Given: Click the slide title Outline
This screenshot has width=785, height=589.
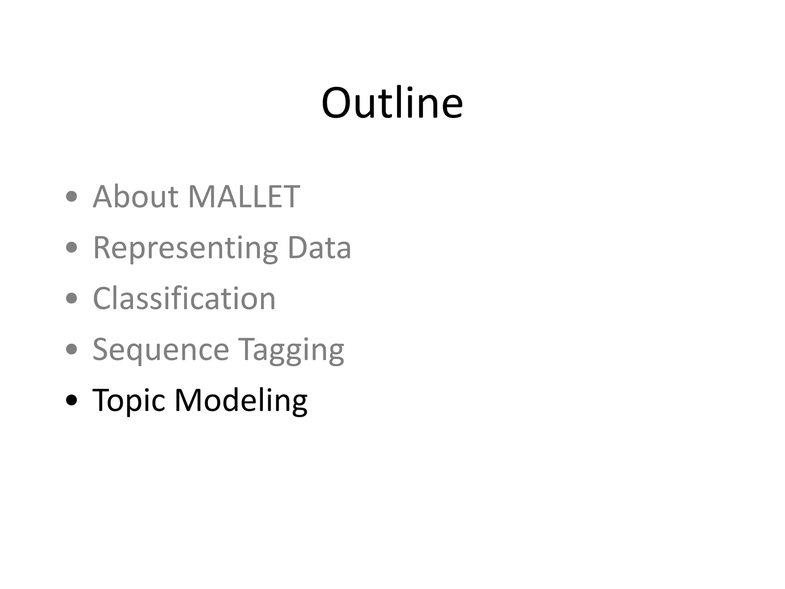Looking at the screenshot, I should point(392,103).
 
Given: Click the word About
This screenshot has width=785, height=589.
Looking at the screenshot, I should point(135,196).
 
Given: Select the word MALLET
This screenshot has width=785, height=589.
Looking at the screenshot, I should point(244,196).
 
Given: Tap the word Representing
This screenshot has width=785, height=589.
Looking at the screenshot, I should point(185,248).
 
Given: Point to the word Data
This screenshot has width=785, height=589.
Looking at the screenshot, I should point(319,247).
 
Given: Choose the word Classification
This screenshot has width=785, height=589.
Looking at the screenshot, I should point(184,298).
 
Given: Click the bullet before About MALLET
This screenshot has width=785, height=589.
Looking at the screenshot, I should point(71,197).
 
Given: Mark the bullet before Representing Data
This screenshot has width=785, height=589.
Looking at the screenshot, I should point(71,248).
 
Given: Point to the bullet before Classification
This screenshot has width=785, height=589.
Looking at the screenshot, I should point(71,298).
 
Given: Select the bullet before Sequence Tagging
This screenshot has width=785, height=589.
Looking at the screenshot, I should point(71,349).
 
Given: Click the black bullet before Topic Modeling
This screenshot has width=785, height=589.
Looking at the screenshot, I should point(71,400).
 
